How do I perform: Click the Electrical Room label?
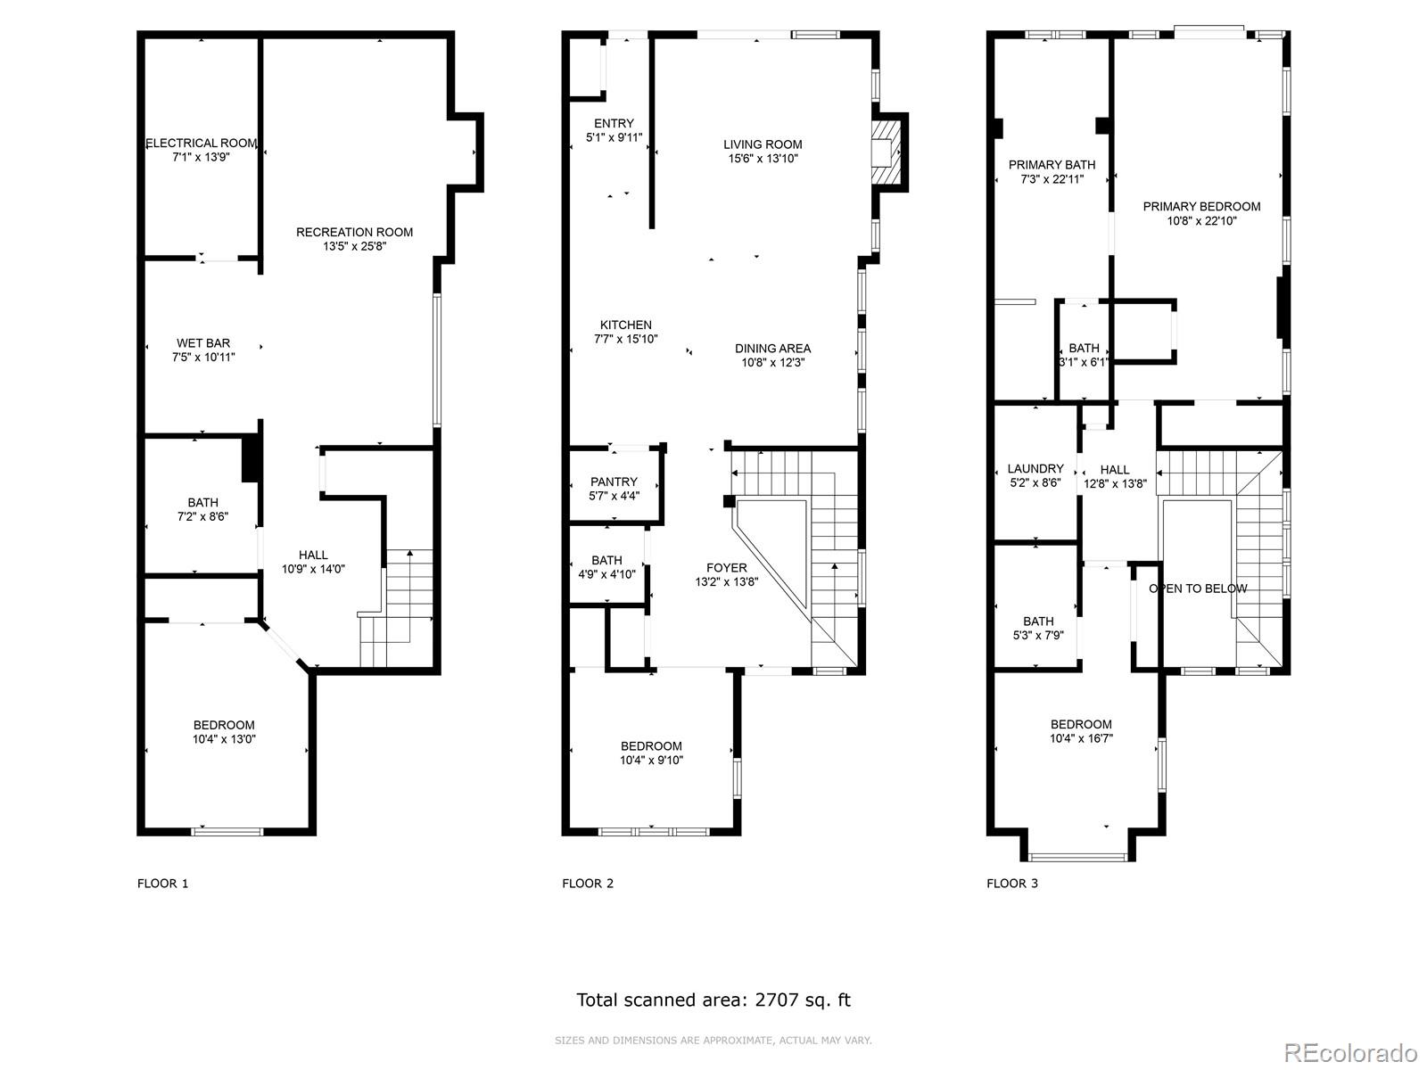[201, 143]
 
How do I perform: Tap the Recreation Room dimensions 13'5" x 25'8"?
[354, 246]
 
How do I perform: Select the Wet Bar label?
[203, 343]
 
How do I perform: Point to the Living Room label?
[763, 144]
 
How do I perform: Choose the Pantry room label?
[614, 481]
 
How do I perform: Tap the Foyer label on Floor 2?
[727, 568]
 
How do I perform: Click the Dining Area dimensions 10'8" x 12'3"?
[773, 363]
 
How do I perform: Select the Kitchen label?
[625, 325]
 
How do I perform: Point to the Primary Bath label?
[1052, 165]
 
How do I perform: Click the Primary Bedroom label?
[1201, 207]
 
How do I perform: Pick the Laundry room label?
[1035, 468]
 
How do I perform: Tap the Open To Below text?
[1198, 588]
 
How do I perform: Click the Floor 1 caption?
[162, 884]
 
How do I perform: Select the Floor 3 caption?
[1012, 884]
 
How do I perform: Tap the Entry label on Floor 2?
[614, 123]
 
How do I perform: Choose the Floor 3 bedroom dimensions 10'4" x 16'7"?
[1081, 738]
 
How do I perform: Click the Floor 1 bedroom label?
[224, 725]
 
